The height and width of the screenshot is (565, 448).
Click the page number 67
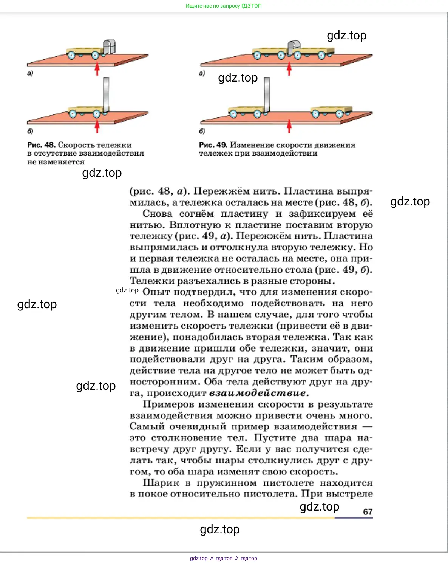pyautogui.click(x=368, y=512)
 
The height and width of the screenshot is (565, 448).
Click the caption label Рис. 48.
pyautogui.click(x=41, y=145)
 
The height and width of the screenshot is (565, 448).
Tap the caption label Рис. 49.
pyautogui.click(x=213, y=145)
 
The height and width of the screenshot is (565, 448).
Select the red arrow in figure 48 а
pyautogui.click(x=97, y=69)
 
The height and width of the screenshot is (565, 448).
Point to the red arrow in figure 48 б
pyautogui.click(x=97, y=127)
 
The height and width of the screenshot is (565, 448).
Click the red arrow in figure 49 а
pyautogui.click(x=289, y=69)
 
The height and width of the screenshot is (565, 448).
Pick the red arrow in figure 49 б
pyautogui.click(x=289, y=127)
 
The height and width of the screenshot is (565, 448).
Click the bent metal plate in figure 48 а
pyautogui.click(x=109, y=46)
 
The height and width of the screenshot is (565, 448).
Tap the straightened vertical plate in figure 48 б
pyautogui.click(x=106, y=94)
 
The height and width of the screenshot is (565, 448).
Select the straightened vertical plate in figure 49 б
pyautogui.click(x=267, y=94)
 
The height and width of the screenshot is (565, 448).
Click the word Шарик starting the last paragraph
pyautogui.click(x=161, y=483)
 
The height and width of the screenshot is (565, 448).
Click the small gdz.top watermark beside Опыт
pyautogui.click(x=127, y=290)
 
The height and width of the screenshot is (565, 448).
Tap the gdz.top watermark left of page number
pyautogui.click(x=319, y=506)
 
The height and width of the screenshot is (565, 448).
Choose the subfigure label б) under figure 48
pyautogui.click(x=30, y=131)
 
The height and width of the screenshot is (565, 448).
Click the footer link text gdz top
pyautogui.click(x=199, y=558)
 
